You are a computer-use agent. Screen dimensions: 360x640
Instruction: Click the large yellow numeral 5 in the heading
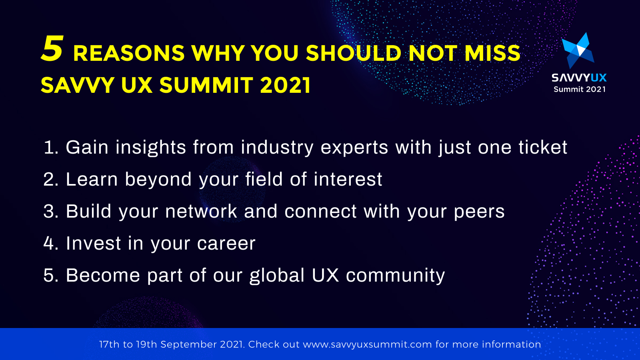[x=52, y=49]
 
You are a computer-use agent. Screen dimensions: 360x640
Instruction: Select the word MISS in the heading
[x=492, y=53]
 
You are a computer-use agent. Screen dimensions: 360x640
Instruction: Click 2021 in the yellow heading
[x=285, y=85]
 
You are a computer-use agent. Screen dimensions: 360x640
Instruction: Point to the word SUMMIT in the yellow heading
[x=206, y=85]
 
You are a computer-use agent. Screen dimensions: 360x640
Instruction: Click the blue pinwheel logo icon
[x=578, y=50]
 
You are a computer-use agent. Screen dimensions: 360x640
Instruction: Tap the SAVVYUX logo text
[x=579, y=78]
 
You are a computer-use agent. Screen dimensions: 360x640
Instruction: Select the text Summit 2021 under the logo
[x=579, y=89]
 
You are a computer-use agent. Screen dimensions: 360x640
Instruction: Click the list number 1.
[x=50, y=148]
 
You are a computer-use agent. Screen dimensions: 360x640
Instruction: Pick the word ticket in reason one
[x=543, y=148]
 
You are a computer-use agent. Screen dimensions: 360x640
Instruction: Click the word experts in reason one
[x=354, y=148]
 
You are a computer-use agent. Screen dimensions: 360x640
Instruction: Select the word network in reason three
[x=201, y=212]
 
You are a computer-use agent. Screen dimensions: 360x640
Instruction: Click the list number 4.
[x=50, y=243]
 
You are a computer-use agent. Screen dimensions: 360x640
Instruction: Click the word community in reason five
[x=395, y=276]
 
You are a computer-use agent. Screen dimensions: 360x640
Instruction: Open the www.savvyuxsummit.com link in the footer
[x=367, y=344]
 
